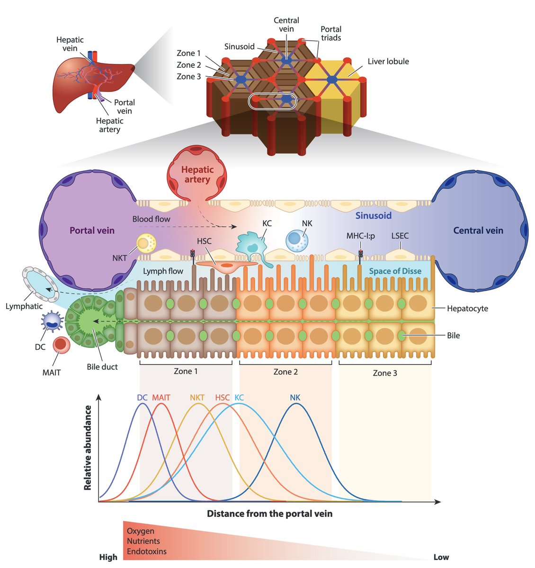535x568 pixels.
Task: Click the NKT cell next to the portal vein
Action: click(x=143, y=243)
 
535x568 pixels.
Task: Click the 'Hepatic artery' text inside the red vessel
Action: click(x=197, y=175)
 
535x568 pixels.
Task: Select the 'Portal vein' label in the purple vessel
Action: click(x=92, y=231)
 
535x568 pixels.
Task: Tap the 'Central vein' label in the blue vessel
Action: click(x=478, y=231)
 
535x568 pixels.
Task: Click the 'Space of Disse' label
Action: click(x=395, y=271)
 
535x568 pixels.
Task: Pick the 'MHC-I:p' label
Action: click(x=360, y=236)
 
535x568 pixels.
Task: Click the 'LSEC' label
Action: click(x=400, y=236)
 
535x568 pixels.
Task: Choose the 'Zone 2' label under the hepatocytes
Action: click(x=285, y=372)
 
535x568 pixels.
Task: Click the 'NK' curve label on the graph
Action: click(x=295, y=398)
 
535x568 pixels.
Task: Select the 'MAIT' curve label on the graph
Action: click(x=161, y=398)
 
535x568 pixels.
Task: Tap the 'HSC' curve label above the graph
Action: click(x=223, y=398)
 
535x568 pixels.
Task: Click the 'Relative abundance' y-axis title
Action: click(x=88, y=447)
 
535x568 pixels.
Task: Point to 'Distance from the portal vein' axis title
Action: click(x=269, y=514)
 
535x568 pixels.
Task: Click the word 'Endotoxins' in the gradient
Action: click(x=146, y=551)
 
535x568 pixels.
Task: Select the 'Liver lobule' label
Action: click(x=388, y=62)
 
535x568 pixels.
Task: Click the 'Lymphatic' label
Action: click(x=24, y=306)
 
